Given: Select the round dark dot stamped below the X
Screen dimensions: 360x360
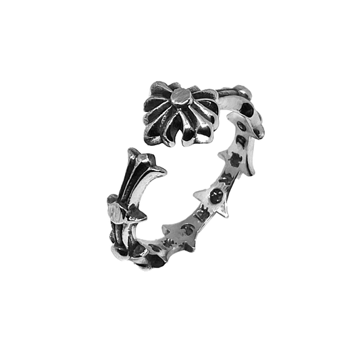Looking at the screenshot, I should click(x=215, y=197).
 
